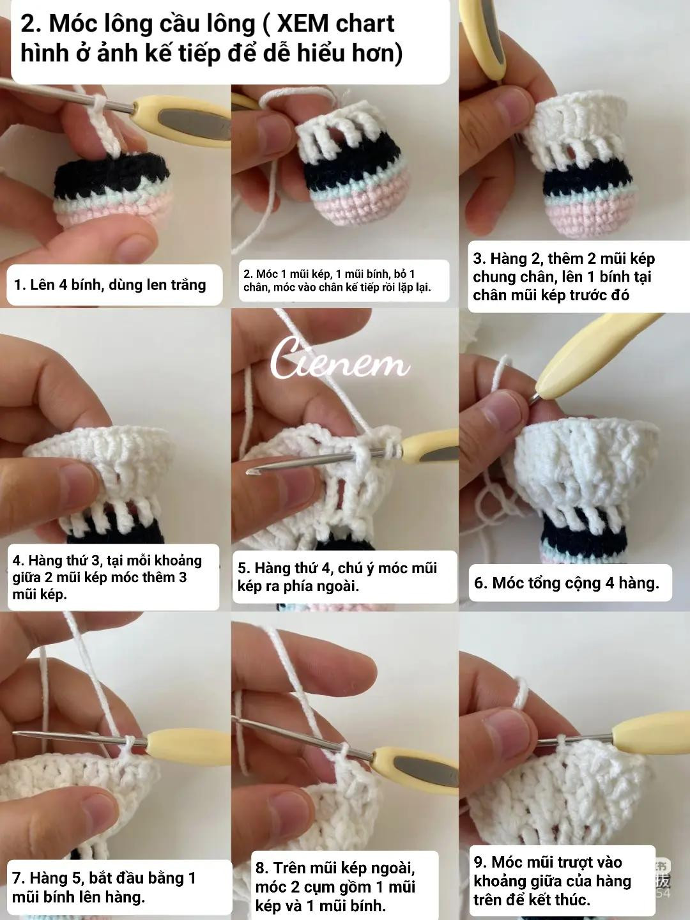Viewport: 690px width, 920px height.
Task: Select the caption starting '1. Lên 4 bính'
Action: (110, 285)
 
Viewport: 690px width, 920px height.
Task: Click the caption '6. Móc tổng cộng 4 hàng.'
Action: (567, 583)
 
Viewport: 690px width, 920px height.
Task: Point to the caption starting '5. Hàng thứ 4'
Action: (337, 577)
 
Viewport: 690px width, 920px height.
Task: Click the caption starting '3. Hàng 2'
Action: (564, 277)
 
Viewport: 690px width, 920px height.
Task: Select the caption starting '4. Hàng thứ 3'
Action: (107, 577)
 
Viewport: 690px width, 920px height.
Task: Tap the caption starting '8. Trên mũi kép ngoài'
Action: (335, 887)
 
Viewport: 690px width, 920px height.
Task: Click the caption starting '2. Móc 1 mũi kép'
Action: (337, 281)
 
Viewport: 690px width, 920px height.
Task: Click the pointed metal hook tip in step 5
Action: (250, 471)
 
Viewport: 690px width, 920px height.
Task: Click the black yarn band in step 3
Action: (587, 180)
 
